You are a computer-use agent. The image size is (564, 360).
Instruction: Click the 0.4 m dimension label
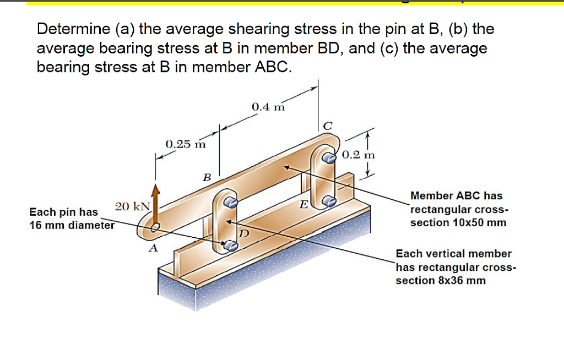point(268,107)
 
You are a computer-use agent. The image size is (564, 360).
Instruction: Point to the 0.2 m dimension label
point(358,155)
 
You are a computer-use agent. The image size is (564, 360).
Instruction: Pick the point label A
point(154,249)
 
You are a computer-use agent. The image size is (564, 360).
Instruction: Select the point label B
point(207,177)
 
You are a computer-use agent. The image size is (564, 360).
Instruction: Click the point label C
point(327,126)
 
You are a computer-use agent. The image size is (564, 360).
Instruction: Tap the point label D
point(244,233)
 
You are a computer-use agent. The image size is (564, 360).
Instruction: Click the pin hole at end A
point(156,226)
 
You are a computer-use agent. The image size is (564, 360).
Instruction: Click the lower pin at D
point(232,246)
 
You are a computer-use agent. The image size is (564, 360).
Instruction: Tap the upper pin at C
point(329,159)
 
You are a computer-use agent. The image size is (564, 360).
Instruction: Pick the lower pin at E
point(329,201)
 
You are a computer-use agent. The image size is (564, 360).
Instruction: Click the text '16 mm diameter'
point(72,225)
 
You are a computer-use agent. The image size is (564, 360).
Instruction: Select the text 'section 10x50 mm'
point(458,222)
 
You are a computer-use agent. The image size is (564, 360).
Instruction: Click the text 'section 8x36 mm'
point(441,280)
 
